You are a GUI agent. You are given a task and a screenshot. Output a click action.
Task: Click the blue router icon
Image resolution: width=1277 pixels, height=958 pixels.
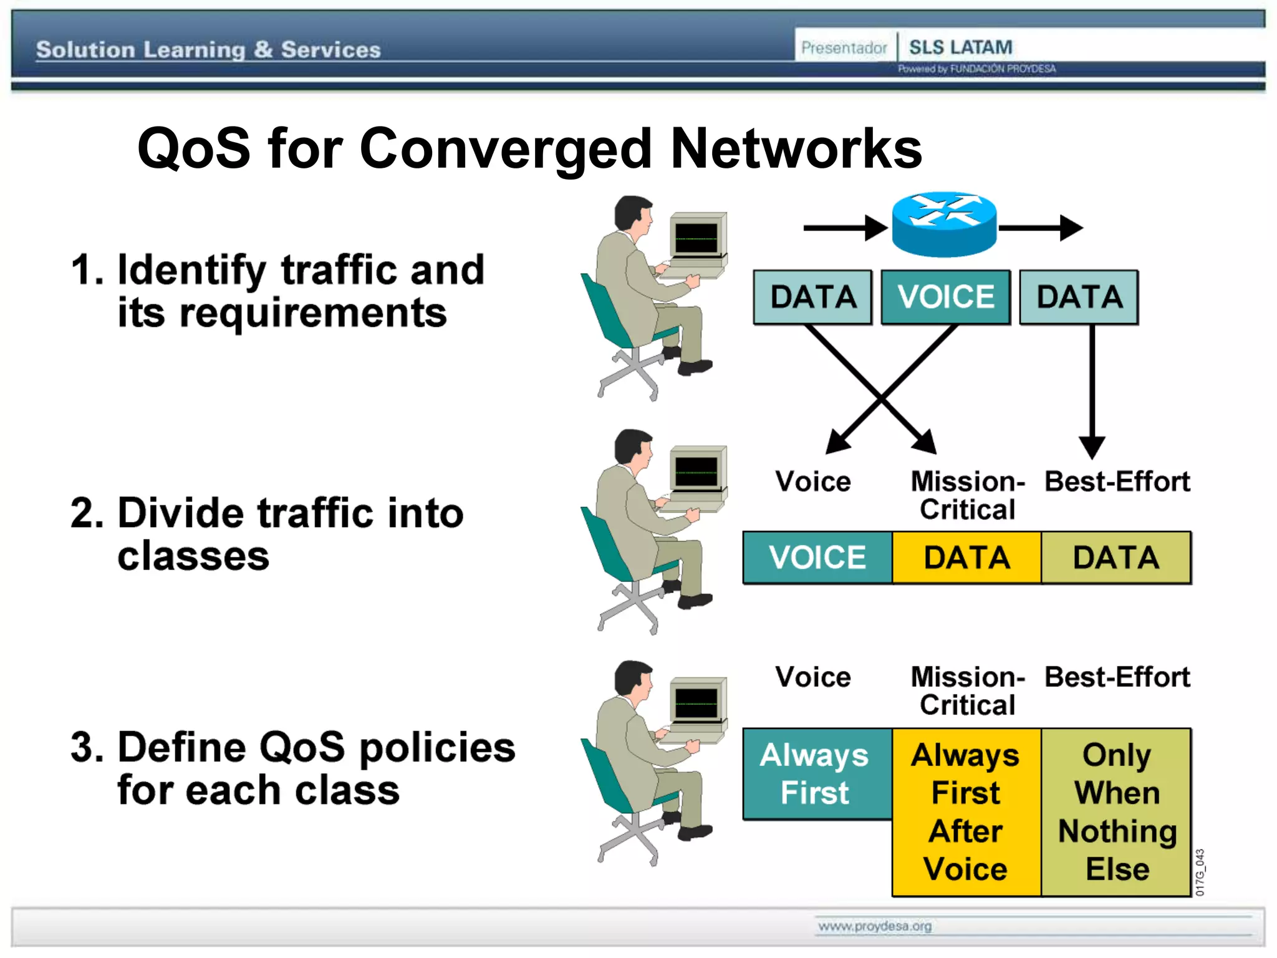944,225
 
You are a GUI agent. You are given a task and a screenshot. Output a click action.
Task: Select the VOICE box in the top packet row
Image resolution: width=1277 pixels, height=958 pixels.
945,297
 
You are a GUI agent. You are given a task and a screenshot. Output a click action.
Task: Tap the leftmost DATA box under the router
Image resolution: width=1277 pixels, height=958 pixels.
812,297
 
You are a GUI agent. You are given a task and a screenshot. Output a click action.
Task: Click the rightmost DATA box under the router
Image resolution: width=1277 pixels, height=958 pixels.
1079,297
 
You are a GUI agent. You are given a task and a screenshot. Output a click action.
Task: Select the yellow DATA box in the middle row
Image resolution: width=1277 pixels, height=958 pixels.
966,558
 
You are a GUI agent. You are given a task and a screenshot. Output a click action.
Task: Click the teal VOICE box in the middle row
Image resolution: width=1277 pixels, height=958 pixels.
817,558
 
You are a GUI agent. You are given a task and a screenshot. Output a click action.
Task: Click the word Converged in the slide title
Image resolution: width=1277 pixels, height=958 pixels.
506,150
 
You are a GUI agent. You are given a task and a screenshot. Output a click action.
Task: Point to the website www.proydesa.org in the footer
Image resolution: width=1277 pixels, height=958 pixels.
874,926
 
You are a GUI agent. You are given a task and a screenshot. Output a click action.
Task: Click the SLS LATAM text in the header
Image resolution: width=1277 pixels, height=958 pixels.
960,47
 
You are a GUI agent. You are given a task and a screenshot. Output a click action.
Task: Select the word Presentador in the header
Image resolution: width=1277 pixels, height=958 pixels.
844,47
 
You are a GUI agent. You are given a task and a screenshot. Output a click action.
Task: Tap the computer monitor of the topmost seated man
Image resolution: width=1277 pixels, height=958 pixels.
697,237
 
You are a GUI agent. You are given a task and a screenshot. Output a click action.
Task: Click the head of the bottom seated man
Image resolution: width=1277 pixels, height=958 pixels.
633,680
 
